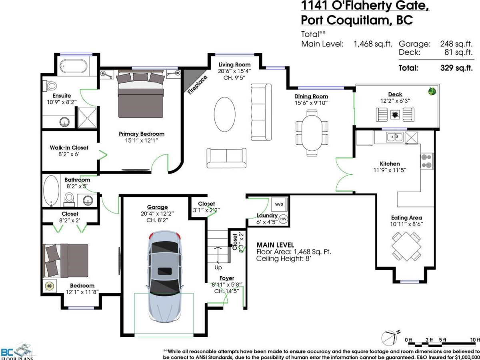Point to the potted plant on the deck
pos(432,91)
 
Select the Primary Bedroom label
pos(141,134)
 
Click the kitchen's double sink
pos(394,137)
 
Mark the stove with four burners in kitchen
pos(427,161)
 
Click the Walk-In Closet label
pos(69,148)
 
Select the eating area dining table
pos(406,245)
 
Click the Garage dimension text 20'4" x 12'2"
pos(157,214)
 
